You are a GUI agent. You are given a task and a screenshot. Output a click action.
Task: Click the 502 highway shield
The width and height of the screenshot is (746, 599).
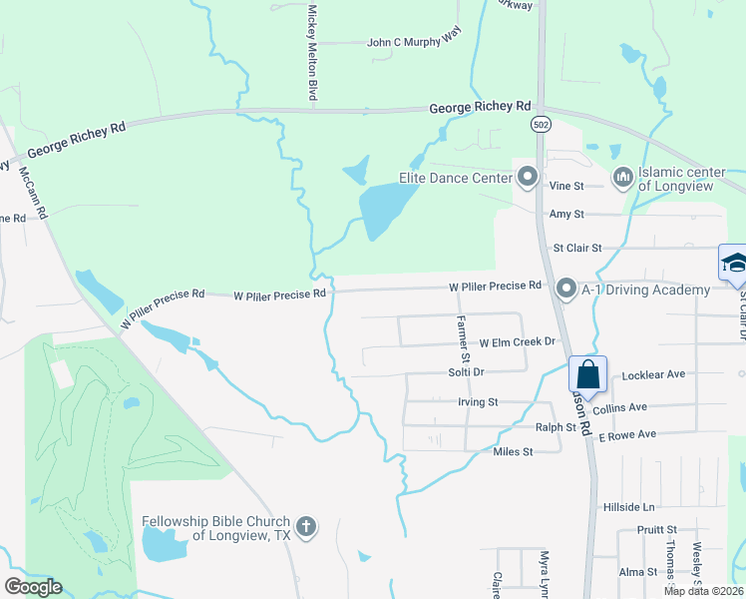tap(540, 123)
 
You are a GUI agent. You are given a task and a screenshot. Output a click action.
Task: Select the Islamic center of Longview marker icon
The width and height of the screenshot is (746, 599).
tap(623, 179)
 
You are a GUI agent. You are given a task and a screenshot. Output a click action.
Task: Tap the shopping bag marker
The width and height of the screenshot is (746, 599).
tap(588, 375)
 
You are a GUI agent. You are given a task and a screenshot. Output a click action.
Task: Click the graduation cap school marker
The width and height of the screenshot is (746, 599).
tap(734, 264)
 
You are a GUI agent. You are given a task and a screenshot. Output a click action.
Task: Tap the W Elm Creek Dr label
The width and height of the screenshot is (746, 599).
tap(517, 342)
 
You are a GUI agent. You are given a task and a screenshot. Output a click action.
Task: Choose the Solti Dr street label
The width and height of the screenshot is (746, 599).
tap(465, 372)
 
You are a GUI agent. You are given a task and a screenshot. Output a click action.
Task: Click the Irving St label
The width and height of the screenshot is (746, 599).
tap(478, 402)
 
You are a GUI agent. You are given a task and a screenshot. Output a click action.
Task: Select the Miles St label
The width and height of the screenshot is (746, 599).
tap(514, 452)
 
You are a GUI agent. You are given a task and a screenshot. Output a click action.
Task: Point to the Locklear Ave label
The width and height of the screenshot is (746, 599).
tap(653, 374)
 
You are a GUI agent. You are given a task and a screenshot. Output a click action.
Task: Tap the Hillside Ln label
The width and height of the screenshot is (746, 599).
tap(628, 507)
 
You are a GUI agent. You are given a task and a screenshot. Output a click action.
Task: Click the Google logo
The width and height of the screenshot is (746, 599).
tap(33, 586)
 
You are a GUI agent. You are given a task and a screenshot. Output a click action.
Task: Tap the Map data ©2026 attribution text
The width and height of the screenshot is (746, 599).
tap(703, 591)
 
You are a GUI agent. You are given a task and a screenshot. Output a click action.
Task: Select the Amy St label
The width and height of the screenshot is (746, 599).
tap(566, 214)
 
